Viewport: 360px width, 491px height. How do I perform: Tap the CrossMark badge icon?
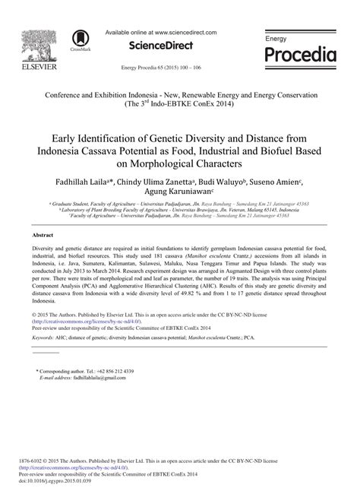pos(79,40)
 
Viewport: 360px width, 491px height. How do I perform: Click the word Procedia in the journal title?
pos(300,55)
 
